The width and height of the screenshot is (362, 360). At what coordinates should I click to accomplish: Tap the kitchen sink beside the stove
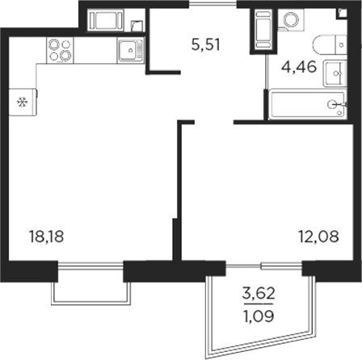coord(129,52)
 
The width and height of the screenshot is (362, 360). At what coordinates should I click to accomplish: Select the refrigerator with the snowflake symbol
coord(22,102)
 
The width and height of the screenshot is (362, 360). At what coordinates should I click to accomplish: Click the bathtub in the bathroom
coord(306,104)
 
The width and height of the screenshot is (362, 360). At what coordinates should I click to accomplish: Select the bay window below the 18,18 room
coord(90,283)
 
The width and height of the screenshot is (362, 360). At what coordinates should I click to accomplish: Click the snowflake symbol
coord(22,102)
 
